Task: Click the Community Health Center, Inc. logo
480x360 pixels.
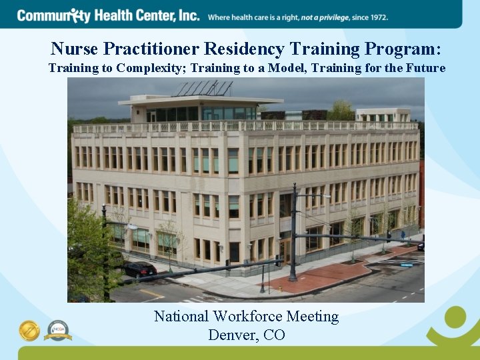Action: click(x=108, y=15)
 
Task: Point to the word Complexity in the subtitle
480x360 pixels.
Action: click(x=145, y=68)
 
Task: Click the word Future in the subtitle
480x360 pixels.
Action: click(x=427, y=68)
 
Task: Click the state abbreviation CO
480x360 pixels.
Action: click(x=274, y=335)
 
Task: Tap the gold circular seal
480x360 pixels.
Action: click(x=29, y=330)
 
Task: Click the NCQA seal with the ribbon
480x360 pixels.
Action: click(x=58, y=330)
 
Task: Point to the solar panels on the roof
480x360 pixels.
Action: click(x=203, y=89)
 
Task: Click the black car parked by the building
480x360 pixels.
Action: click(x=139, y=269)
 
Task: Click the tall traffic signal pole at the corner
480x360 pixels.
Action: click(x=293, y=233)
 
